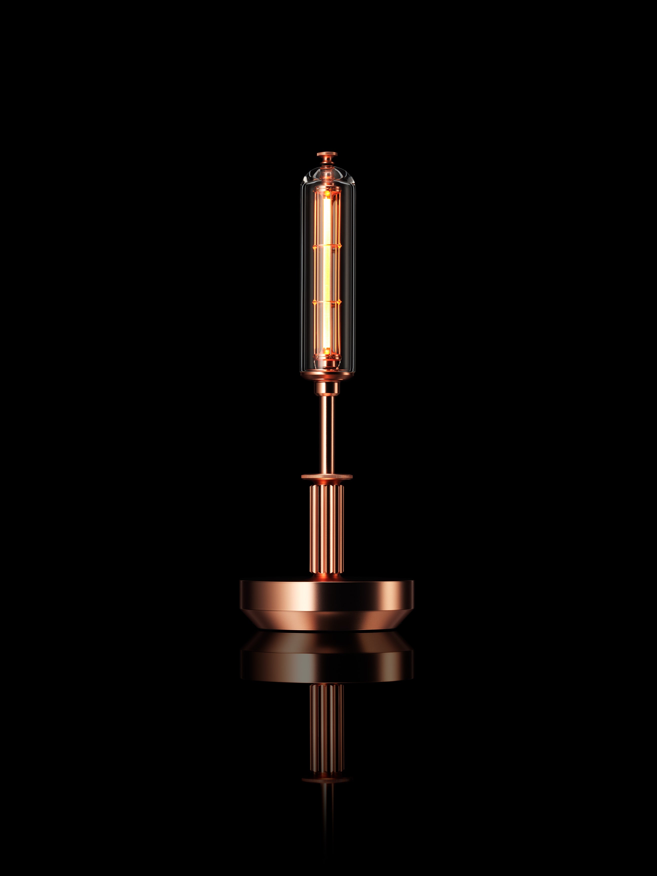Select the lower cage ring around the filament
(327, 302)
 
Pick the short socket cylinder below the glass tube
(327, 388)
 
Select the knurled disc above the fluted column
(327, 477)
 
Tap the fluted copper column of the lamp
(327, 527)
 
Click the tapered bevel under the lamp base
(327, 620)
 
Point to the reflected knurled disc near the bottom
(327, 779)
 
